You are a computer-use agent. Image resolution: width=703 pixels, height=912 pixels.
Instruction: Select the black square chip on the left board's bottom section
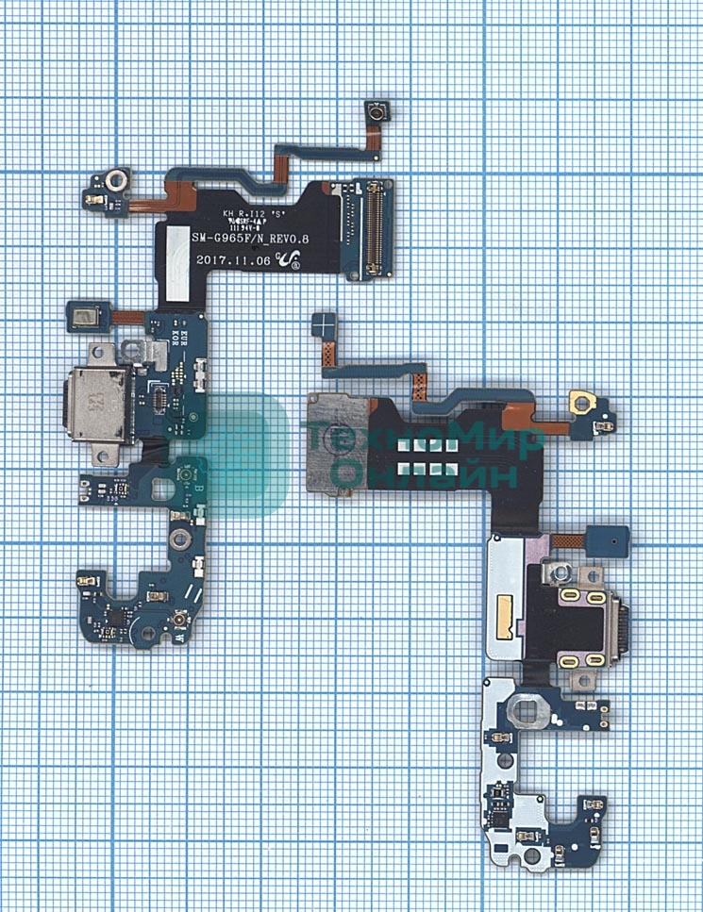pos(114,614)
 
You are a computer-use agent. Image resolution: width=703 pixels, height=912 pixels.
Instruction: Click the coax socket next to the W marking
pos(176,622)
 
